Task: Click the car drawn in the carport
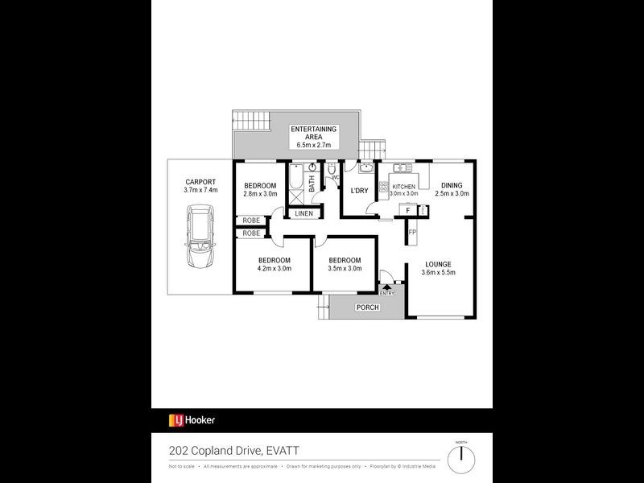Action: (x=200, y=237)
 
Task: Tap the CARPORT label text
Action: (x=200, y=181)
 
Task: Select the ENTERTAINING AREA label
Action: (x=313, y=133)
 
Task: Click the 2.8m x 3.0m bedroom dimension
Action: (x=260, y=194)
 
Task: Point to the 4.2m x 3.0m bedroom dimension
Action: (x=274, y=268)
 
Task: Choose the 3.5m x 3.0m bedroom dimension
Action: (x=344, y=268)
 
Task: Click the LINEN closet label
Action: (x=303, y=213)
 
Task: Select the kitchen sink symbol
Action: (x=402, y=168)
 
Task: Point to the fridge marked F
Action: (x=408, y=210)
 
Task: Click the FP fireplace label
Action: (x=412, y=233)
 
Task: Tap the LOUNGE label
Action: (x=439, y=264)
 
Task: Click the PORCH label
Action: (x=366, y=308)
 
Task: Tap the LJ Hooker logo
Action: (x=192, y=420)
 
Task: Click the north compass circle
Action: (x=461, y=457)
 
